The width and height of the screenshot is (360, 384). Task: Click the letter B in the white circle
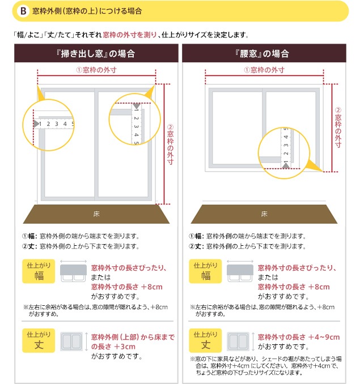click(23, 11)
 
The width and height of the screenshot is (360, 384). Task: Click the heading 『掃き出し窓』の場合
click(96, 53)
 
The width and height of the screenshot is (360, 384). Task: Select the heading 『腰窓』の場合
click(262, 53)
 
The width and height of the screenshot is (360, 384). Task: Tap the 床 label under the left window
click(96, 214)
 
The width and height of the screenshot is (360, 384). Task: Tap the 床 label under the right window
click(264, 214)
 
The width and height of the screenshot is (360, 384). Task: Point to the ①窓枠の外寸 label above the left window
click(96, 70)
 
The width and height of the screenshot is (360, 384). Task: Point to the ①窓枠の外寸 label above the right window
click(264, 70)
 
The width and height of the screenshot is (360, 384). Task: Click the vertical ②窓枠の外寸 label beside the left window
click(170, 144)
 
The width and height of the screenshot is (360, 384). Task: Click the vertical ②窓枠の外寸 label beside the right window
click(338, 127)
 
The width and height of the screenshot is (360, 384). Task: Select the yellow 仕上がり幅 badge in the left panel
click(39, 271)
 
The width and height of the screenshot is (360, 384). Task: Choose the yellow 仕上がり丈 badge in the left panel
click(39, 340)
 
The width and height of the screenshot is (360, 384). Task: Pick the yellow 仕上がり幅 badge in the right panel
click(205, 271)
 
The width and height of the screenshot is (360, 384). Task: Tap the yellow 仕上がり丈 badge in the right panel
click(205, 340)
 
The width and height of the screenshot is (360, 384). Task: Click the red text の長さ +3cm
click(113, 347)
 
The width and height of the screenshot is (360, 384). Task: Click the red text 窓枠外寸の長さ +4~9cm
click(299, 337)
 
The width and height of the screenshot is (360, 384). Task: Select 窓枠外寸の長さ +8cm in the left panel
click(126, 287)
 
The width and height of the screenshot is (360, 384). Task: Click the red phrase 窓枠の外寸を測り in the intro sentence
click(130, 35)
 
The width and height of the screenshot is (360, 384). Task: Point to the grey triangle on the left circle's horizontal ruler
click(36, 123)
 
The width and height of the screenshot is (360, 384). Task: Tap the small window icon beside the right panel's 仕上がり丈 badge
click(238, 342)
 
